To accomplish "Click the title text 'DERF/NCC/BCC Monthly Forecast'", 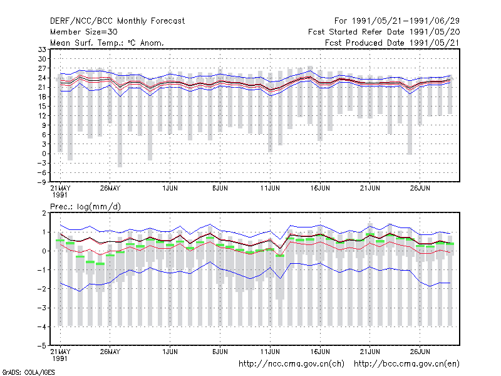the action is point(117,21).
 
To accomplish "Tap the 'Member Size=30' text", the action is point(84,32).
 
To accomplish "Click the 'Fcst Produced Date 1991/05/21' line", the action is point(393,43).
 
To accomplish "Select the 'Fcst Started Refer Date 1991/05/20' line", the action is point(384,32).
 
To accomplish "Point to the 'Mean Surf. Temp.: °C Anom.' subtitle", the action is point(107,43).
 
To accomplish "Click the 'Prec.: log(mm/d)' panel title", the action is point(85,207).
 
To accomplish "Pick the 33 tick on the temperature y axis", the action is point(42,50).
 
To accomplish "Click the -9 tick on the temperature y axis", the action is point(41,182).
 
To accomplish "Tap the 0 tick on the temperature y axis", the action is point(44,154).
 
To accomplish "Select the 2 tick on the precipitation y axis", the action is point(44,213).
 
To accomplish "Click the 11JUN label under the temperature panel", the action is point(270,189).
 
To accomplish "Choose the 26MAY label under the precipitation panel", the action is point(110,352).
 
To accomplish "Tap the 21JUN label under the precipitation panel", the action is point(370,352).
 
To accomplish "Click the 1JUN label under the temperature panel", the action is point(170,189).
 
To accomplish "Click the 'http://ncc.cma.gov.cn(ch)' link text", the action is point(292,364).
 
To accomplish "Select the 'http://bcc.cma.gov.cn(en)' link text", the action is point(406,364).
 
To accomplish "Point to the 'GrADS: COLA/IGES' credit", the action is point(28,372).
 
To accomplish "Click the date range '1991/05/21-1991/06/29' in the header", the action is point(406,21).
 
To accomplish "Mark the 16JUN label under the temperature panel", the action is point(320,189).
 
